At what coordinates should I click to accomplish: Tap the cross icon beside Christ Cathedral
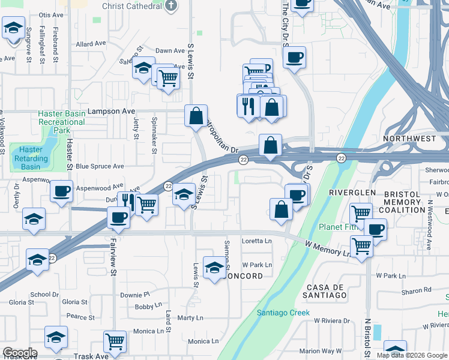point(171,6)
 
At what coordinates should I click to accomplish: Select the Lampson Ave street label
point(112,111)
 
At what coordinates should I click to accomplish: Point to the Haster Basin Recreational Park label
point(61,122)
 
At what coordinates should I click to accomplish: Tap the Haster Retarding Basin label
point(31,158)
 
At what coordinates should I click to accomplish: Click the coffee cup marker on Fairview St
point(119,217)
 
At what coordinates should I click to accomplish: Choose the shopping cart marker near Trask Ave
point(115,341)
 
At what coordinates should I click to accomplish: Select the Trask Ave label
point(90,356)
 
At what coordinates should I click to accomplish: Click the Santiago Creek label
point(283,313)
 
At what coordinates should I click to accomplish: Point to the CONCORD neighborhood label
point(243,276)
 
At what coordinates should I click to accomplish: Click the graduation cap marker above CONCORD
point(214,267)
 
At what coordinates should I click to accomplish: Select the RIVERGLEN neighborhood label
point(352,192)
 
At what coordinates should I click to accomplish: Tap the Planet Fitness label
point(337,227)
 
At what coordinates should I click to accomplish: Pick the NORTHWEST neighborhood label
point(412,139)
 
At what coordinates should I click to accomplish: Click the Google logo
point(20,353)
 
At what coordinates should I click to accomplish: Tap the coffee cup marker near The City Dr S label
point(294,58)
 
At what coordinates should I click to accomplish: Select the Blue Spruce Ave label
point(100,166)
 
